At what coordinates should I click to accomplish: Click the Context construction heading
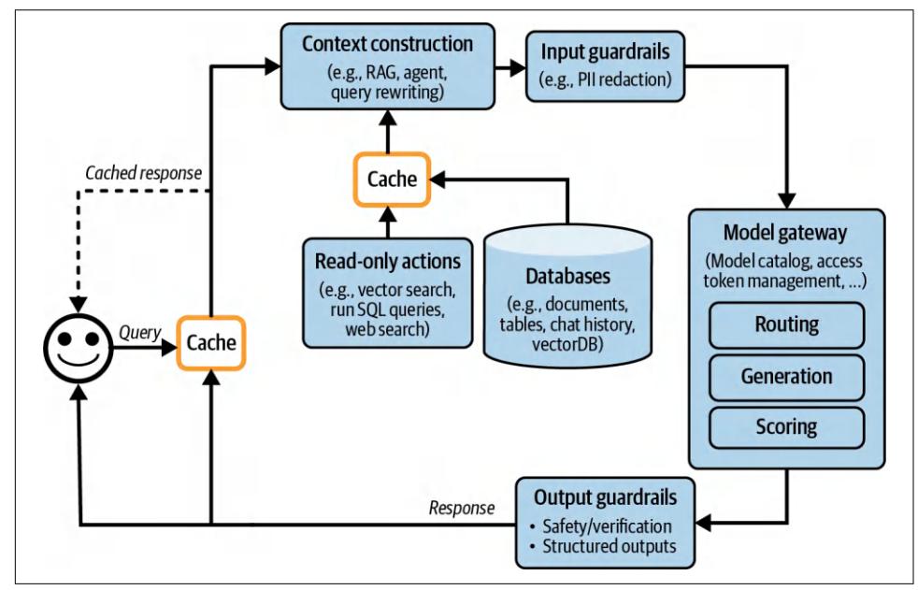coord(387,43)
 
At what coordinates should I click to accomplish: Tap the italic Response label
coord(460,509)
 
